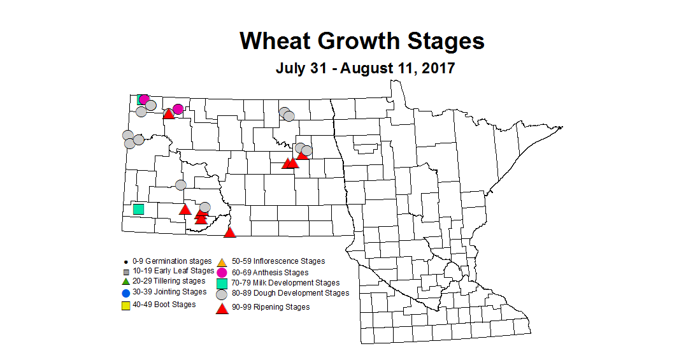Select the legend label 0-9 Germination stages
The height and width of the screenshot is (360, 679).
(x=171, y=261)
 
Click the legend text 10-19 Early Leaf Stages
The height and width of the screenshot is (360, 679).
(x=169, y=271)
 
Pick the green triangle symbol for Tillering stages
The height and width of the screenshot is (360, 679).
(x=125, y=281)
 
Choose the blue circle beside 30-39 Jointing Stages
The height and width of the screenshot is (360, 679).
(x=125, y=293)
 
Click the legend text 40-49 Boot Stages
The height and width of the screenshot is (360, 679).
(x=164, y=305)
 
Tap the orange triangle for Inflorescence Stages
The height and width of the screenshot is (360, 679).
(x=222, y=262)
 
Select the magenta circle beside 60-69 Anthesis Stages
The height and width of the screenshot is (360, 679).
(x=222, y=273)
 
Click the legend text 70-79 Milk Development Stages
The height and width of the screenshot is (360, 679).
(x=285, y=283)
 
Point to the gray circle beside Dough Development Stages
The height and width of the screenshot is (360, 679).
(x=222, y=294)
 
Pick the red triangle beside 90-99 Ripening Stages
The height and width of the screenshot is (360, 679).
(x=222, y=308)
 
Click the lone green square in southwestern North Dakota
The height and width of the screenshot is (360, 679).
(x=138, y=209)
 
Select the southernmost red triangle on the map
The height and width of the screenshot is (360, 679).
(x=230, y=232)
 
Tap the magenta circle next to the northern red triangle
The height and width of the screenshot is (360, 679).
(x=178, y=109)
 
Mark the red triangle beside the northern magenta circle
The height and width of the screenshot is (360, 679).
(x=169, y=113)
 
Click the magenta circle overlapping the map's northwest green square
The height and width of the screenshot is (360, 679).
(x=145, y=99)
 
